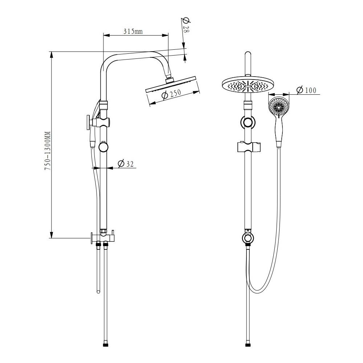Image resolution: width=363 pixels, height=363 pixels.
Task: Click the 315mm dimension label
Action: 132,31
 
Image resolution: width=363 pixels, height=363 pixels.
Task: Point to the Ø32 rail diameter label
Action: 126,164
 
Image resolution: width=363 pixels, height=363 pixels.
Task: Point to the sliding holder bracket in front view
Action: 248,147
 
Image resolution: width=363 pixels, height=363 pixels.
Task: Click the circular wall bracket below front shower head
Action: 248,122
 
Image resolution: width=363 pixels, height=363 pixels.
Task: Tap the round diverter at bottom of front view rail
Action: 248,238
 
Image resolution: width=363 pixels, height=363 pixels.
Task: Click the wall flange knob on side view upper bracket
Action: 88,122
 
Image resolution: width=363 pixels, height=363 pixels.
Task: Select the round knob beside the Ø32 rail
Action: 103,147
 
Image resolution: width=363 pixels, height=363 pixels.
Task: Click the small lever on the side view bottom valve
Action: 113,233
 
